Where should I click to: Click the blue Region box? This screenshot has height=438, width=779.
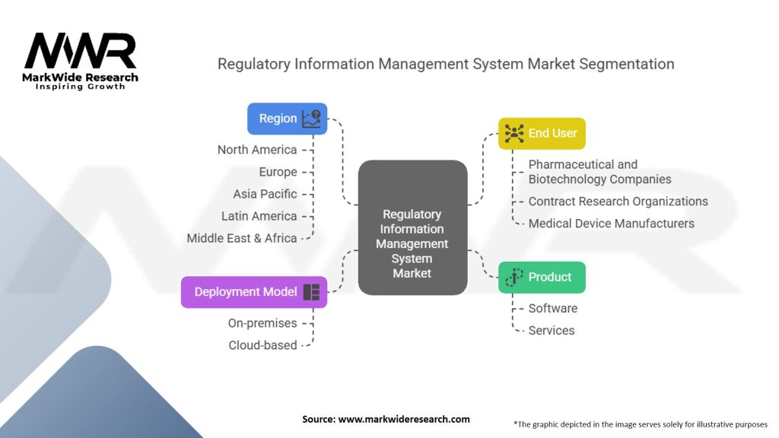click(287, 119)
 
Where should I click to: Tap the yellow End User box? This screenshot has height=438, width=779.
click(542, 134)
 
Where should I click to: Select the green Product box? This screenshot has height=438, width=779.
click(542, 277)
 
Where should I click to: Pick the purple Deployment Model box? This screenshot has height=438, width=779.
click(254, 292)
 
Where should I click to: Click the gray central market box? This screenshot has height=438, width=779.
click(412, 227)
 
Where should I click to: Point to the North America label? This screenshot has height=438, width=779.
click(257, 150)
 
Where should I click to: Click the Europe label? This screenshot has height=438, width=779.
click(278, 172)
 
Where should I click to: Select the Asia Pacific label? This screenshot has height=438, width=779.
click(265, 194)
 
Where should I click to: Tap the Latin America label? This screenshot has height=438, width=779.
click(259, 216)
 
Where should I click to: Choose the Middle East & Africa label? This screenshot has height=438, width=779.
click(241, 238)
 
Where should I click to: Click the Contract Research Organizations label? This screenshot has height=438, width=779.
click(618, 201)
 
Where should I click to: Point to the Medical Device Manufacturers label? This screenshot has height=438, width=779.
click(611, 224)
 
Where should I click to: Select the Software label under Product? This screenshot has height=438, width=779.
click(553, 309)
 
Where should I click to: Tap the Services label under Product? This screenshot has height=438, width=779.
click(552, 330)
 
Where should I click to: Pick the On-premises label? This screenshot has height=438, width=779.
click(262, 323)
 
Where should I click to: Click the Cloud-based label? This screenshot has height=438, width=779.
click(262, 345)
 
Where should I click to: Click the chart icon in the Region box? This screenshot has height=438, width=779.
click(311, 119)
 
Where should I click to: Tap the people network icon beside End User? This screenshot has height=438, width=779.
click(514, 134)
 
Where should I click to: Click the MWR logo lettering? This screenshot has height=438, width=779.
click(80, 51)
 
